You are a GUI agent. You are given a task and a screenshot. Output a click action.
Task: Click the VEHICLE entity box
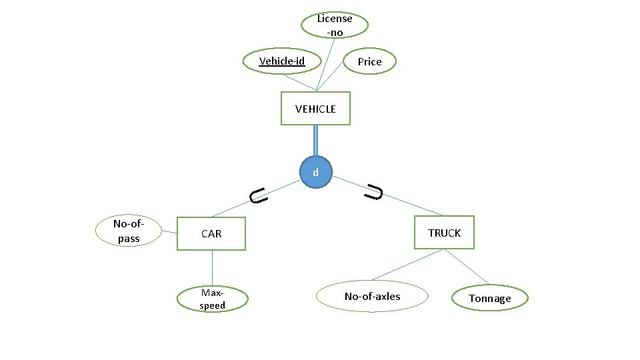pyautogui.click(x=315, y=108)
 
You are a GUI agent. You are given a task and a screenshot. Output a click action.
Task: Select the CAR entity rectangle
pyautogui.click(x=211, y=233)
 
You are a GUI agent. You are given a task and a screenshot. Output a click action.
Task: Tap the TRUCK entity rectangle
pyautogui.click(x=444, y=233)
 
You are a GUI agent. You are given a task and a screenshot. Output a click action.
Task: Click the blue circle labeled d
pyautogui.click(x=316, y=173)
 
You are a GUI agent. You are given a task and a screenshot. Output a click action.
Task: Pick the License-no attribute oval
pyautogui.click(x=334, y=25)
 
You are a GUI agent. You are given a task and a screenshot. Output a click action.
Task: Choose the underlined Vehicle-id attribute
pyautogui.click(x=281, y=61)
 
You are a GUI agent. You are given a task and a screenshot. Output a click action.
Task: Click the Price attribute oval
pyautogui.click(x=369, y=62)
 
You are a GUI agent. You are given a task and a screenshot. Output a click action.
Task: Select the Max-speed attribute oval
pyautogui.click(x=213, y=299)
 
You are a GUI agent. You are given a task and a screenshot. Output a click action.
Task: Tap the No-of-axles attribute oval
pyautogui.click(x=372, y=296)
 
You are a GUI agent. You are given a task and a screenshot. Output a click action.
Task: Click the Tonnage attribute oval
pyautogui.click(x=489, y=298)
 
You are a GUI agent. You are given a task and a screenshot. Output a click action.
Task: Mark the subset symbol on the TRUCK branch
pyautogui.click(x=374, y=193)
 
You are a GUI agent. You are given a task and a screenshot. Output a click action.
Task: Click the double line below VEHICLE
pyautogui.click(x=315, y=141)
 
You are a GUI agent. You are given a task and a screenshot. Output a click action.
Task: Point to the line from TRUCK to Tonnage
pyautogui.click(x=467, y=267)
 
